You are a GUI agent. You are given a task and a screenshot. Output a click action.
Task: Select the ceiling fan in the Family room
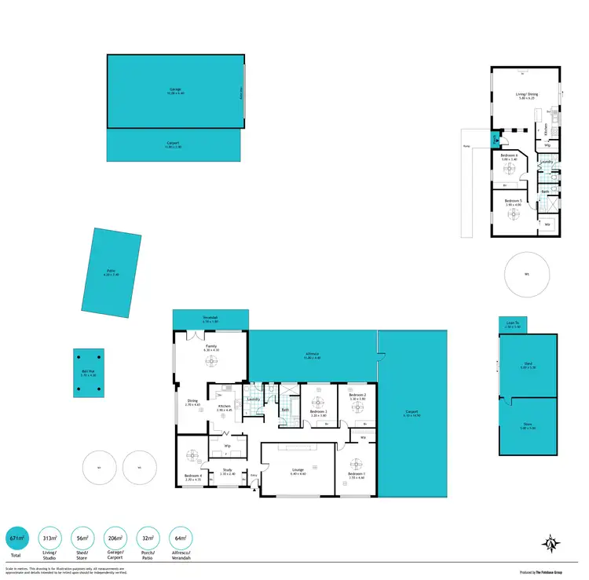[x=211, y=361]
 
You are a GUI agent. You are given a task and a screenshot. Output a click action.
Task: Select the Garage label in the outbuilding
[x=175, y=89]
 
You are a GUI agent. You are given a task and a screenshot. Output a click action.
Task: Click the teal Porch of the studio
[x=494, y=140]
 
